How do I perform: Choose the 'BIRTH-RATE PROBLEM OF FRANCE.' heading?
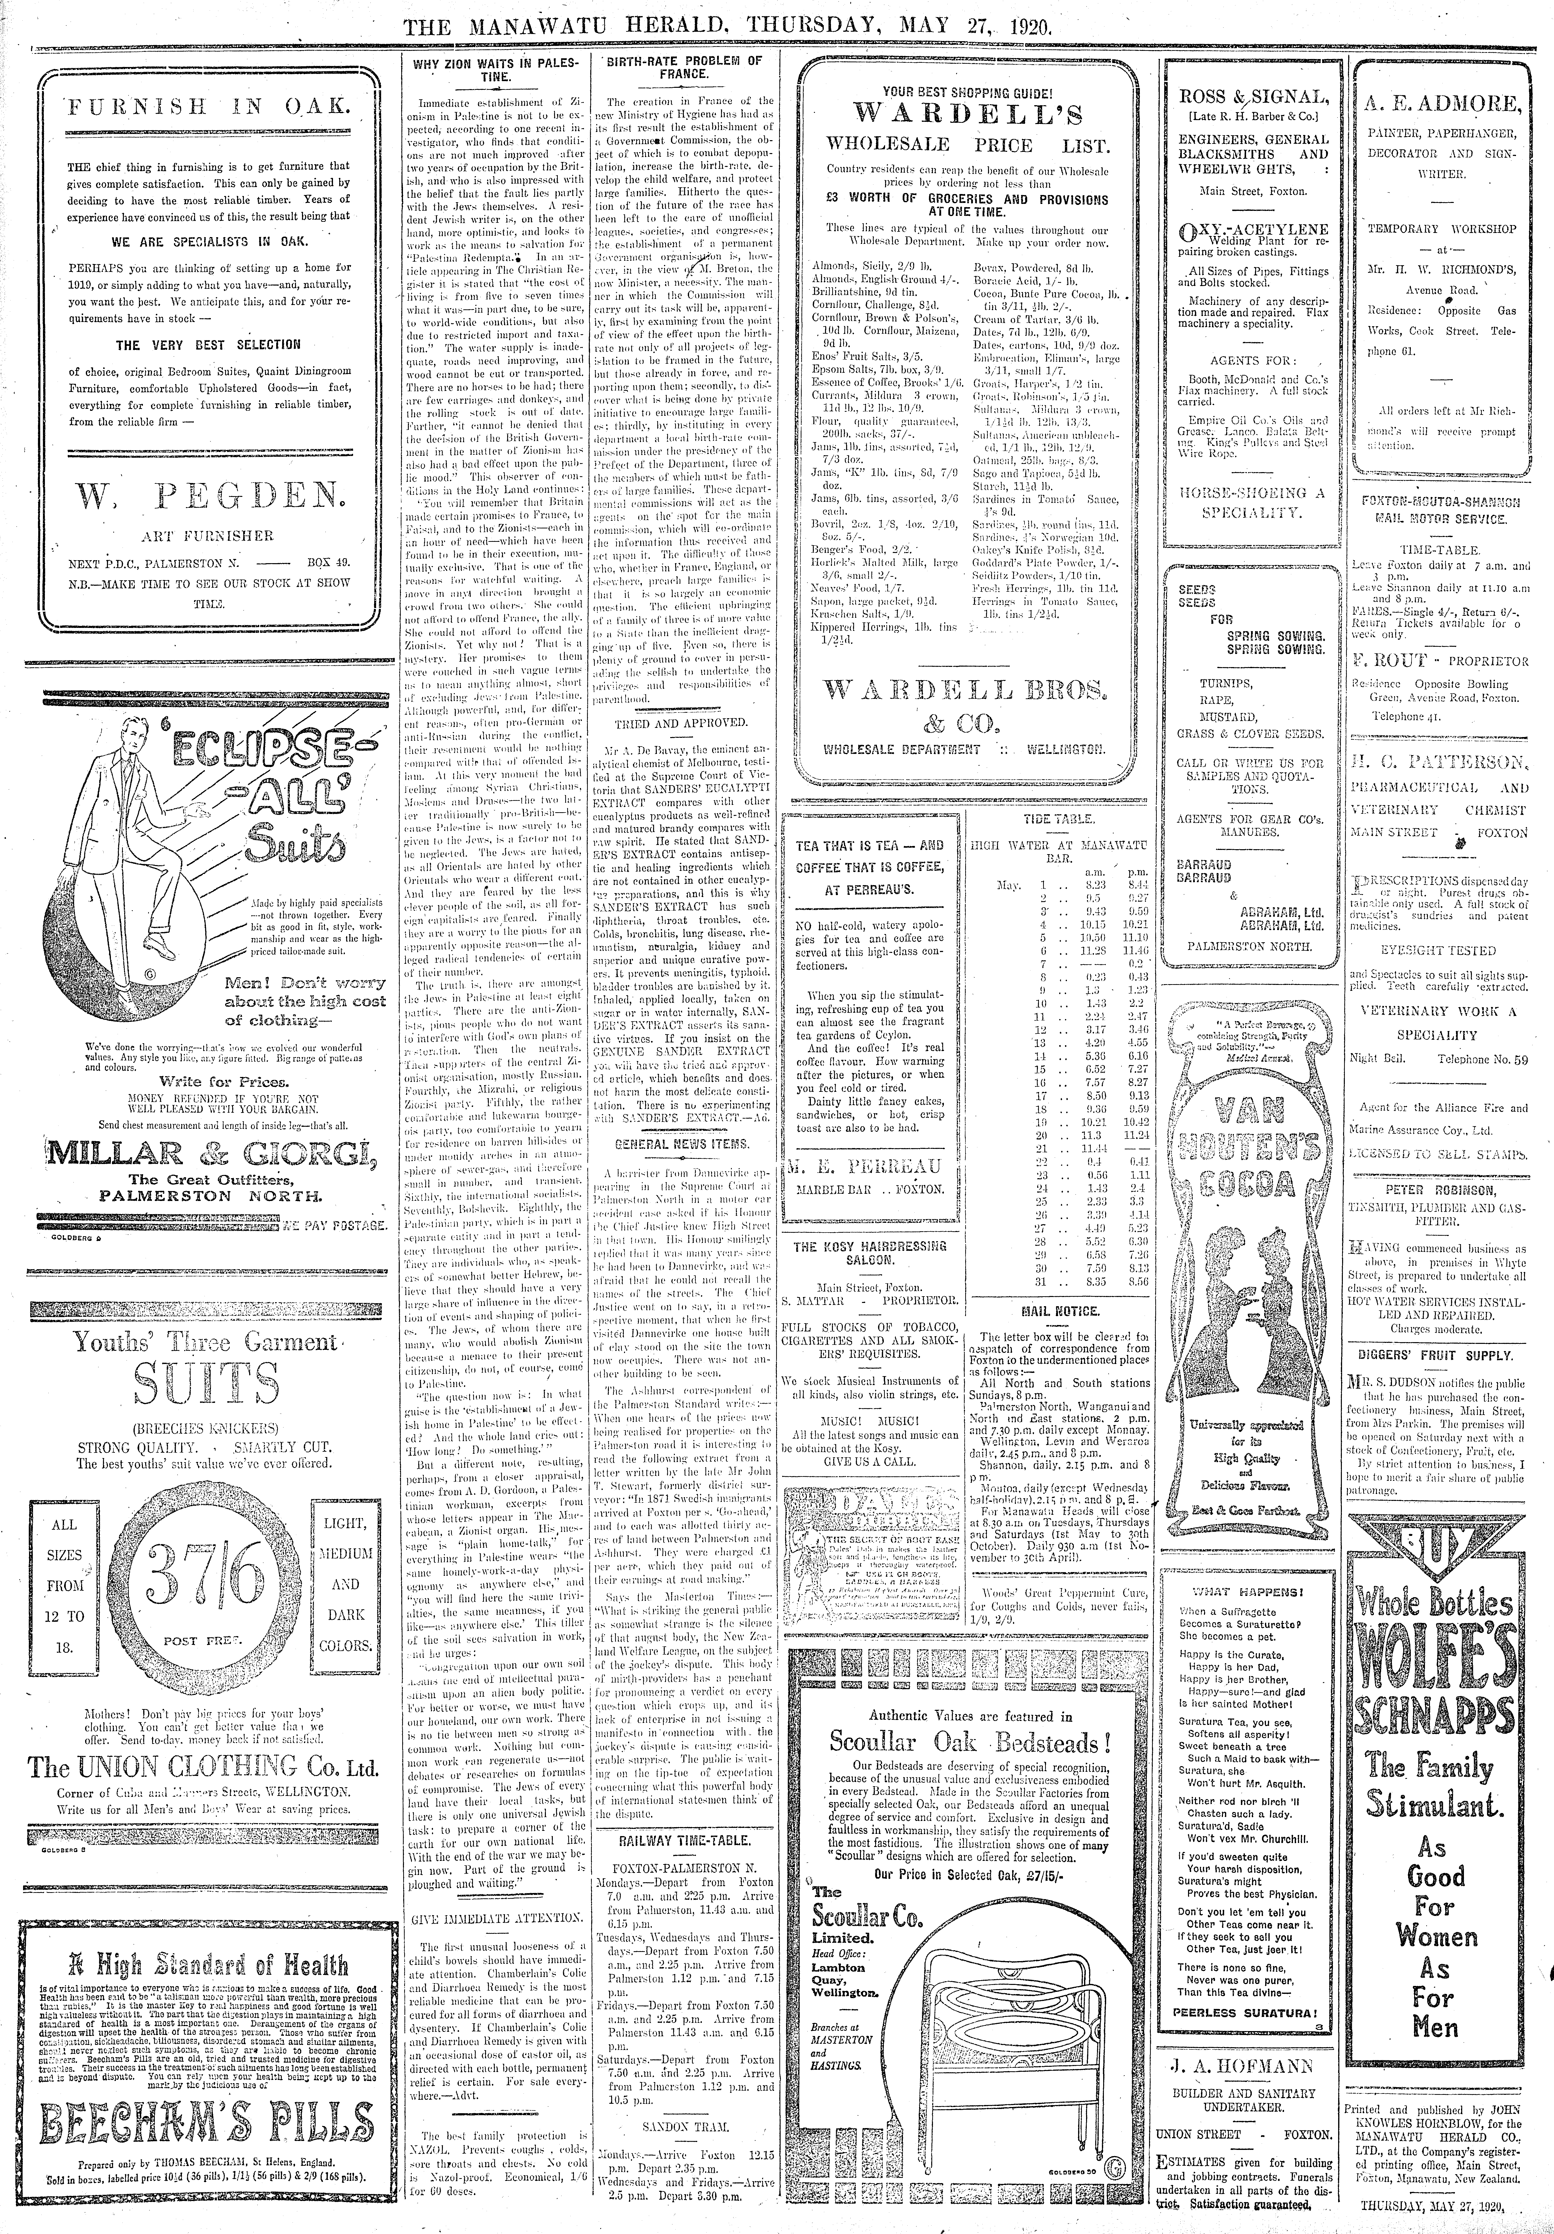[684, 68]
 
